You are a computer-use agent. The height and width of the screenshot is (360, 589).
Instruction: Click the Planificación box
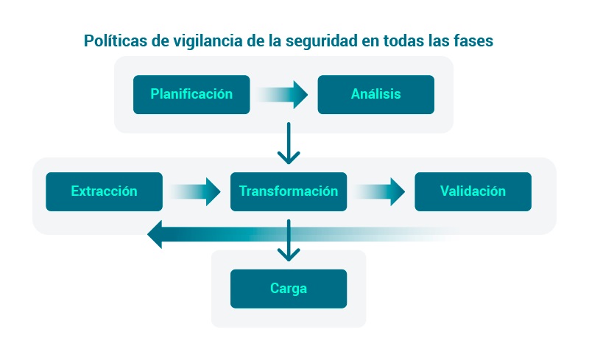tap(191, 94)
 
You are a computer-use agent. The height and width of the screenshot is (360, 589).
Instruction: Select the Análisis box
tap(375, 94)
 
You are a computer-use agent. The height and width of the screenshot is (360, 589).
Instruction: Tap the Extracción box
tap(104, 191)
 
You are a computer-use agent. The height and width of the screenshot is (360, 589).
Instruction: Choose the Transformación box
tap(288, 191)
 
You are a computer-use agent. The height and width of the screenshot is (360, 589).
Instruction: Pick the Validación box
tap(473, 191)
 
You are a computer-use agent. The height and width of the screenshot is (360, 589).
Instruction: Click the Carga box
tap(288, 289)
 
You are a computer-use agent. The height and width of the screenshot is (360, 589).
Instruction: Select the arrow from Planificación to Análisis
tap(283, 95)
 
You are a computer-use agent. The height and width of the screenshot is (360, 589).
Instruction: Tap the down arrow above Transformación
tap(289, 144)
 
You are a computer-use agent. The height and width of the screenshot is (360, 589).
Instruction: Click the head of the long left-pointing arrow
tap(155, 236)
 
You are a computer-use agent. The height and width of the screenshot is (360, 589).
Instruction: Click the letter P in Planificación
tap(155, 94)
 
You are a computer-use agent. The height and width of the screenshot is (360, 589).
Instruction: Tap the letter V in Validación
tap(445, 191)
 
